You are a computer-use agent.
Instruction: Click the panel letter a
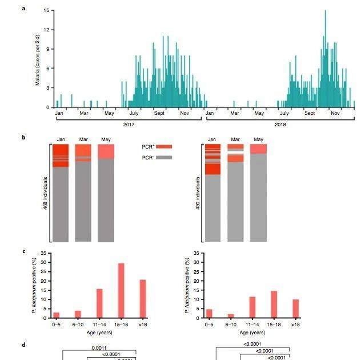pyautogui.click(x=39, y=9)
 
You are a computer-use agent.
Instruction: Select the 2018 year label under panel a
pyautogui.click(x=279, y=123)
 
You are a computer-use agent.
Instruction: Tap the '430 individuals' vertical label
pyautogui.click(x=198, y=193)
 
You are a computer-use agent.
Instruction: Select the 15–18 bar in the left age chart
pyautogui.click(x=121, y=290)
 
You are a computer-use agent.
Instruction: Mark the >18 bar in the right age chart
pyautogui.click(x=295, y=308)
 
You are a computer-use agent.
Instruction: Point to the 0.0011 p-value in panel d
pyautogui.click(x=99, y=347)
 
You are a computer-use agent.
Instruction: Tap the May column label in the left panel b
pyautogui.click(x=106, y=139)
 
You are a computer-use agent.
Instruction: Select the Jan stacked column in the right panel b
pyautogui.click(x=213, y=193)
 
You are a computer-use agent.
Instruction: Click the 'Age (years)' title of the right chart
pyautogui.click(x=252, y=332)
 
